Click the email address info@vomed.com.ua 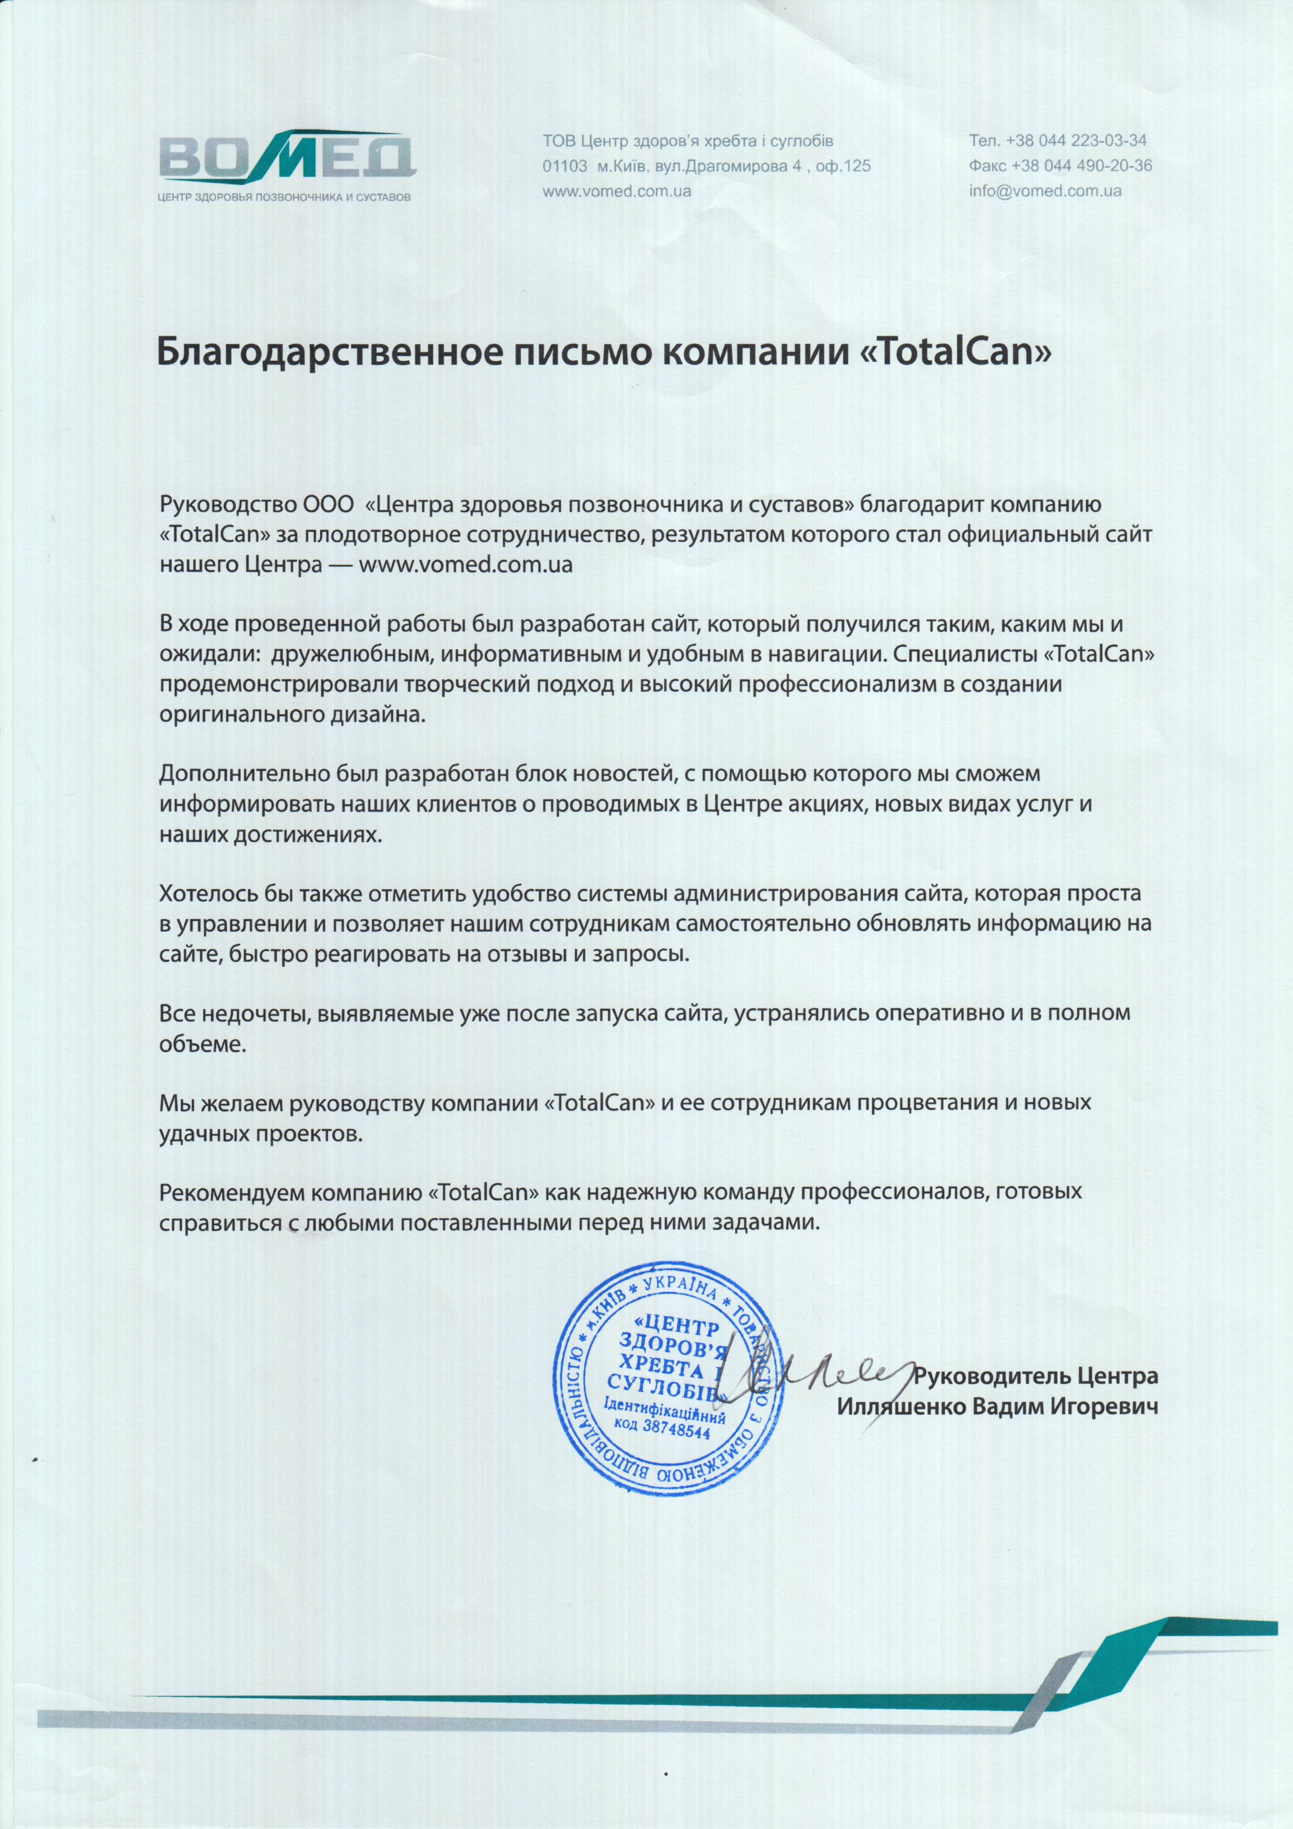(x=1045, y=191)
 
